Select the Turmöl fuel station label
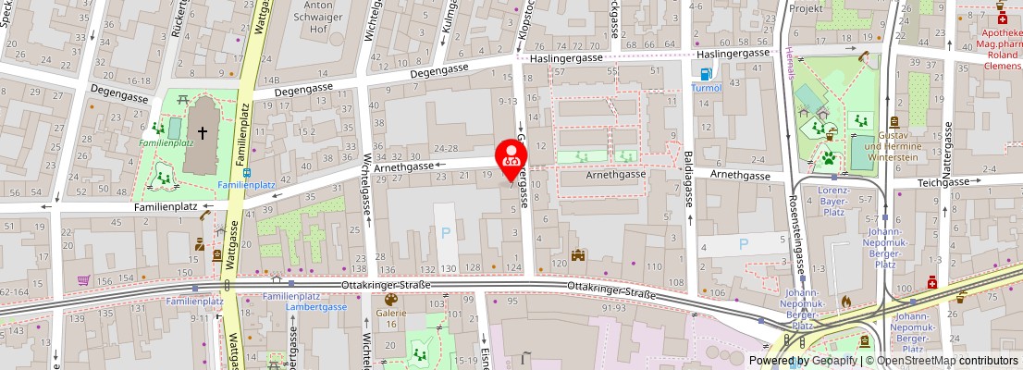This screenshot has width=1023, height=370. click(706, 88)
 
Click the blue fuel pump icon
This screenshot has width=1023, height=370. click(706, 74)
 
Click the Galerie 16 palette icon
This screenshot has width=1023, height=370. click(390, 300)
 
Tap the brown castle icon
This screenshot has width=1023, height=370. click(579, 254)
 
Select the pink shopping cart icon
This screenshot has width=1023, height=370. click(83, 279)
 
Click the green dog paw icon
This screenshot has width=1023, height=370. click(828, 158)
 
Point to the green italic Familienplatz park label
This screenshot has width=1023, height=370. click(166, 143)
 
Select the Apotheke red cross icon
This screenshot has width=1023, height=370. click(1002, 17)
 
